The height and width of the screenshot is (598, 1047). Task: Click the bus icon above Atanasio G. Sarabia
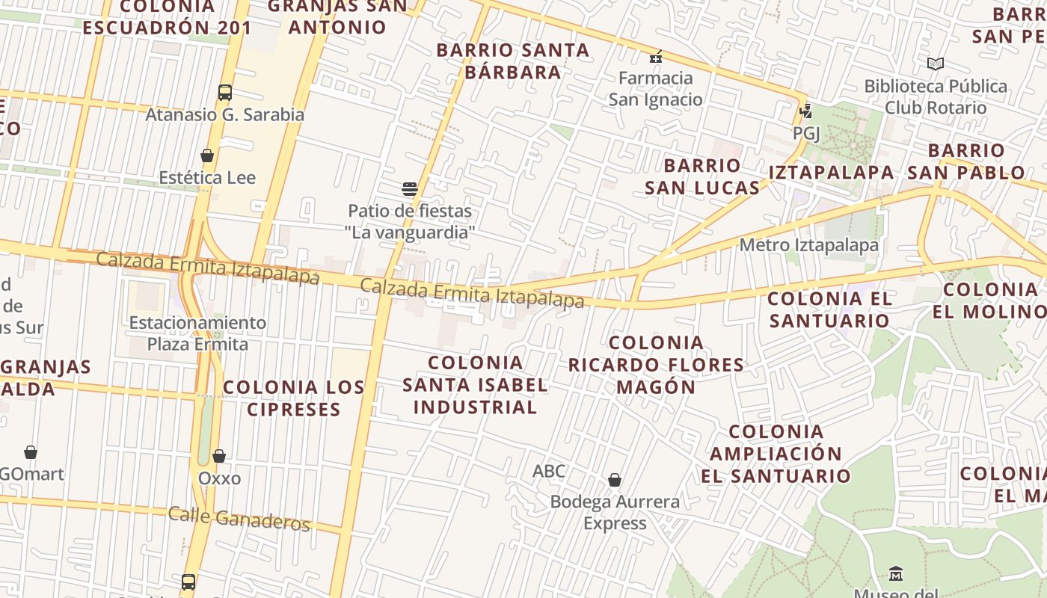tap(225, 93)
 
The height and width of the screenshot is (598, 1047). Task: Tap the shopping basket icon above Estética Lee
tap(207, 155)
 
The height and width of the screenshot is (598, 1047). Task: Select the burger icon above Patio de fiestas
tap(409, 188)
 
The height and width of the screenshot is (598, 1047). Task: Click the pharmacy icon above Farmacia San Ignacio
tap(656, 56)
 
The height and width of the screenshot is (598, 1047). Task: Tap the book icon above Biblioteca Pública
tap(935, 64)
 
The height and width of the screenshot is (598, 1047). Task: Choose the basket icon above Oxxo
tap(219, 456)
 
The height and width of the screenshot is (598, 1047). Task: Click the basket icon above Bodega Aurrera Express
tap(615, 480)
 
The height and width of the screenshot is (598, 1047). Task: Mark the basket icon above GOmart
tap(31, 452)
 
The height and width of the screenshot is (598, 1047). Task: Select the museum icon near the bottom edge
tap(896, 574)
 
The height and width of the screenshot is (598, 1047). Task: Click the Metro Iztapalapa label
tap(808, 245)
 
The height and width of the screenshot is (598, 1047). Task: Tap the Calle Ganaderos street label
tap(239, 518)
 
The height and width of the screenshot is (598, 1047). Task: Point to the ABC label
tap(549, 472)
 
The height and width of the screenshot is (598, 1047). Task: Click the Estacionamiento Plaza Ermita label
tap(197, 333)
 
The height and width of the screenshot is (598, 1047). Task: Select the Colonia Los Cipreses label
tap(294, 398)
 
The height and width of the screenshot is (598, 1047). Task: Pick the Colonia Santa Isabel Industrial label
tap(475, 385)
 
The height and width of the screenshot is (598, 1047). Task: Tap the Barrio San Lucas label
tap(702, 176)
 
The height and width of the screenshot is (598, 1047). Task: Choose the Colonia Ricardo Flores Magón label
tap(656, 365)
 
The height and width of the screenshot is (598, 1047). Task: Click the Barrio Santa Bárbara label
tap(513, 61)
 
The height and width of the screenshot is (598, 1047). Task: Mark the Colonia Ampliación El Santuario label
tap(776, 454)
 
